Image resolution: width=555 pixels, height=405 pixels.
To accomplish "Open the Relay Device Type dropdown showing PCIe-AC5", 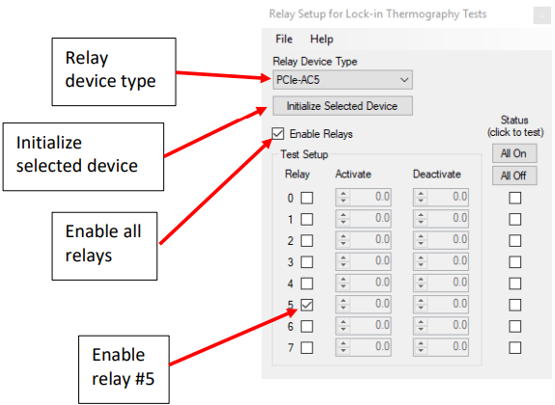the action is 343,80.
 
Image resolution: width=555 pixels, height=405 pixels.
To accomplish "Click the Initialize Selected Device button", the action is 343,106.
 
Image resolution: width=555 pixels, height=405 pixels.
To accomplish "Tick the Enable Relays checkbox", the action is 278,134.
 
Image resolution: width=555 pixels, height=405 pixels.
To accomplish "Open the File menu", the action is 284,39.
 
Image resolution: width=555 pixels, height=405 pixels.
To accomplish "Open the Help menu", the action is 321,39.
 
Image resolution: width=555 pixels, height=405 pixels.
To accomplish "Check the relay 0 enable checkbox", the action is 307,198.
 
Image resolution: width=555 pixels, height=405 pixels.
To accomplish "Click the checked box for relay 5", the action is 307,305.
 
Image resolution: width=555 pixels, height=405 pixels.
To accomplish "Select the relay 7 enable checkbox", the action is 307,348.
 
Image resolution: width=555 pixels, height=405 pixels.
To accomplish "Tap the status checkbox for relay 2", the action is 514,240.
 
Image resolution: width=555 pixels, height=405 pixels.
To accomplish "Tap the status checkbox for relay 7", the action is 514,348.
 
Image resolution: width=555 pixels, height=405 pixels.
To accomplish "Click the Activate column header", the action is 353,174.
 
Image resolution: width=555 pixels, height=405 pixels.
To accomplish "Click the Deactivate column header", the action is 437,174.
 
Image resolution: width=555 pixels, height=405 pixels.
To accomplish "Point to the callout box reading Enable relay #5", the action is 124,369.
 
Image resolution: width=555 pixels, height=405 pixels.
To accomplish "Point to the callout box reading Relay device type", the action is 114,71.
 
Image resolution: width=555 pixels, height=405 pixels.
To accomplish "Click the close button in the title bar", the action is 541,15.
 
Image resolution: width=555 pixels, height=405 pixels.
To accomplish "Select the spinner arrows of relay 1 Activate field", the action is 343,219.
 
